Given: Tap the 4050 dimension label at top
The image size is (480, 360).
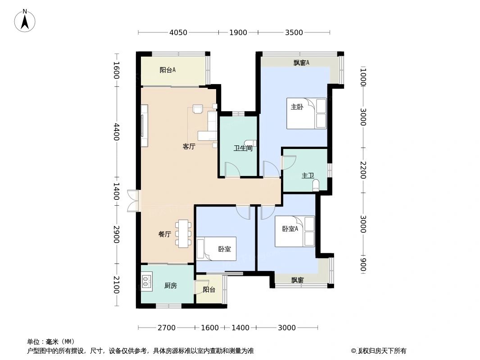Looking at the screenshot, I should point(178,32).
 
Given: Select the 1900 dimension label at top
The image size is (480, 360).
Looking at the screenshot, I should point(238,32).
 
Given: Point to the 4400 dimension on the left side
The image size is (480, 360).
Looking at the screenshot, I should point(116,131).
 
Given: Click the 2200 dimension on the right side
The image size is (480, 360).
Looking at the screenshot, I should point(363,170).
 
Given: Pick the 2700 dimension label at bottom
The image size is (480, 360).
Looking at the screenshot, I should point(167,328).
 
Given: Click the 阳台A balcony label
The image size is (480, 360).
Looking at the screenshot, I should point(168,70).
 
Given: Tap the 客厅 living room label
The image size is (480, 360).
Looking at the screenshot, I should point(189,146).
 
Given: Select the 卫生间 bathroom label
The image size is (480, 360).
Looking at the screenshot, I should point(242,148).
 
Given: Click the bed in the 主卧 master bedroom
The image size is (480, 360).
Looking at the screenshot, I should point(306,113).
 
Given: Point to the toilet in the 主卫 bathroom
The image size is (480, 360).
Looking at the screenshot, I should point(316,184).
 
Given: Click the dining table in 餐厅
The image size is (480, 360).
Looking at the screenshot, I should point(184,233).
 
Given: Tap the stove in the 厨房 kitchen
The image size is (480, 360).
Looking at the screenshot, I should point(146,282).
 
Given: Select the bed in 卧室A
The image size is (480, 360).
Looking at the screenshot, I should point(295,231).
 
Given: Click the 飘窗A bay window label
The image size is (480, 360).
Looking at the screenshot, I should point(301,63).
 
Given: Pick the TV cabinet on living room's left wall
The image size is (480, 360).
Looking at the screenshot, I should point(144,126).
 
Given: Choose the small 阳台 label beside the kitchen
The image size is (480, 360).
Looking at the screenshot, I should point(209,290).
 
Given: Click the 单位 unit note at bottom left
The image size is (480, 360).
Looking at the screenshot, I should point(50,342).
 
